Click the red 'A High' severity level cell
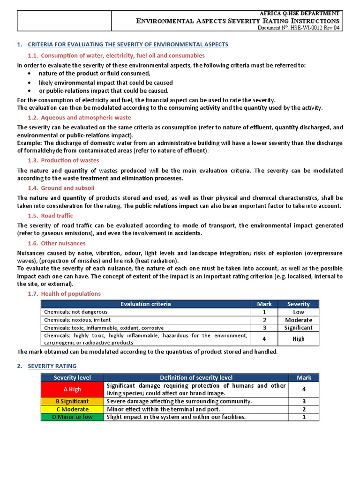(72, 389)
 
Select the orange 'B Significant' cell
(72, 401)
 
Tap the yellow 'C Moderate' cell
(72, 409)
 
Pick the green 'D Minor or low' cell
(72, 417)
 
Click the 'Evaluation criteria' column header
(146, 304)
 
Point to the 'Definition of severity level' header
(196, 377)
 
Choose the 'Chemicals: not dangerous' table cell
(76, 312)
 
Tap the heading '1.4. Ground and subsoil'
(61, 188)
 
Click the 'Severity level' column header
(72, 377)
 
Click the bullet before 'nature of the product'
(30, 74)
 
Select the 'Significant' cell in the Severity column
(299, 328)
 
